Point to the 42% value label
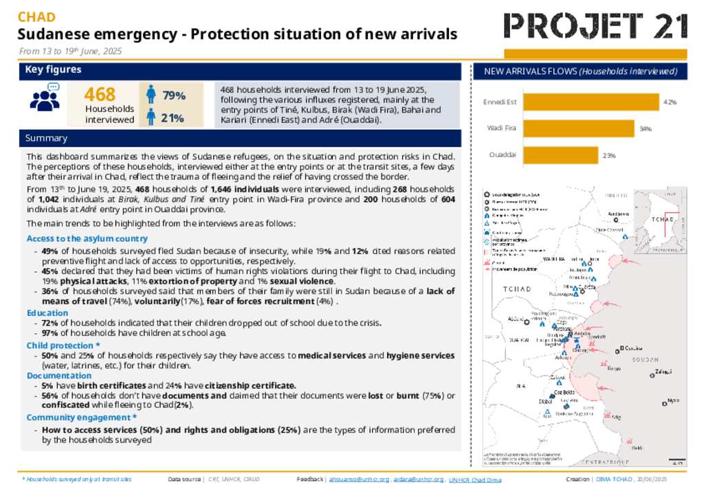[670, 102]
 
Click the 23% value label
[609, 156]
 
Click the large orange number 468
[100, 95]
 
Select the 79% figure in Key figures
[173, 95]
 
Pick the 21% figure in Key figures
[172, 118]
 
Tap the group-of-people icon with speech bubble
[45, 98]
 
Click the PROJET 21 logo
[595, 26]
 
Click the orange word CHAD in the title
[36, 17]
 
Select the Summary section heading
[46, 138]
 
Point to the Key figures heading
[53, 69]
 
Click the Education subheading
[47, 313]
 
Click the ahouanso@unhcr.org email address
[359, 479]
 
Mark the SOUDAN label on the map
[643, 359]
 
